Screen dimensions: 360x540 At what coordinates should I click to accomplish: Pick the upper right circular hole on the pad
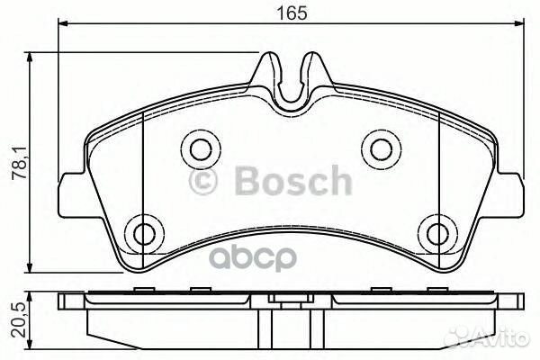(379, 147)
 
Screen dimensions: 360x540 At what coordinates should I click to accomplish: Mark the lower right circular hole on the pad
(437, 233)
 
